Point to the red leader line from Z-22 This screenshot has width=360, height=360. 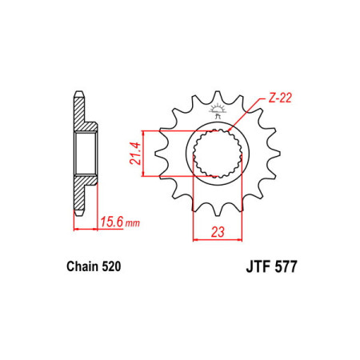(x=244, y=113)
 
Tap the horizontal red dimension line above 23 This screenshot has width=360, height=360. (x=214, y=238)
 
